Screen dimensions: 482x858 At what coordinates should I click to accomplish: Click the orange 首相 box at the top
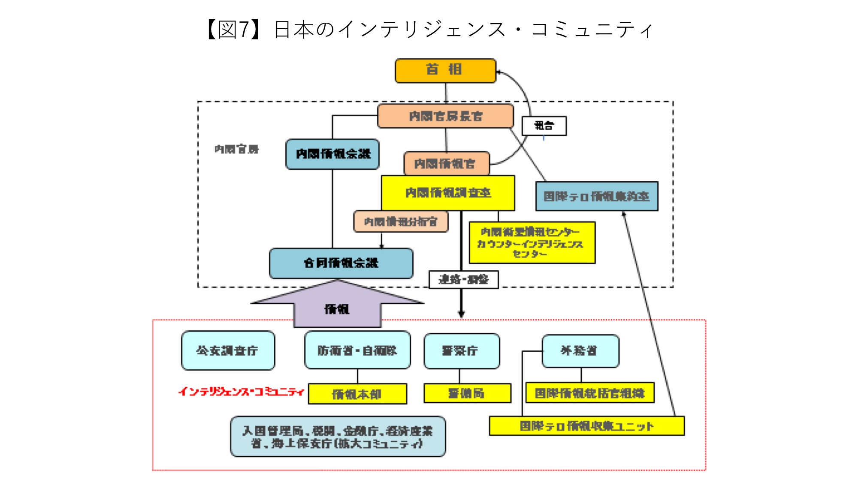coord(445,70)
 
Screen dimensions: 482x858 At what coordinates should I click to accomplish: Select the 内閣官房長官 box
coord(445,116)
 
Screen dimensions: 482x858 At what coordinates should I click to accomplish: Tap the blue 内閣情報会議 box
coord(332,154)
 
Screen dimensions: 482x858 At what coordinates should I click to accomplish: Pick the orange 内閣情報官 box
coord(446,164)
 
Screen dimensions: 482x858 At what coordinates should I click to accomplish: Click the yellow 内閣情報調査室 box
coord(448,193)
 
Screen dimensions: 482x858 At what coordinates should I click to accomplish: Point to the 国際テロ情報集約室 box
coord(596,196)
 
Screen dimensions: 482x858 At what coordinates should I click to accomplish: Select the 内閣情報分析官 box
coord(401,222)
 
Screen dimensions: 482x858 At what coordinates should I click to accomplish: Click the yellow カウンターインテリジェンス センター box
coord(532,243)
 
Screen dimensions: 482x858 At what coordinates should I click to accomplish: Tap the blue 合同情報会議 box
coord(341,263)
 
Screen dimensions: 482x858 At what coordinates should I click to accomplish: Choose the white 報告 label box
coord(544,126)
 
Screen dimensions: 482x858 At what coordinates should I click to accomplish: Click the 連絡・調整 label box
coord(464,280)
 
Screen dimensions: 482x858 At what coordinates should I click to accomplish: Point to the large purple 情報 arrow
coord(337,306)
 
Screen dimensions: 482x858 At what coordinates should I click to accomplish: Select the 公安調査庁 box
coord(228,350)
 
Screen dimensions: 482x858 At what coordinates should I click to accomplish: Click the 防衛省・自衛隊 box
coord(357,350)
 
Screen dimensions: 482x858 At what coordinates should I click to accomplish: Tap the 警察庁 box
coord(461,351)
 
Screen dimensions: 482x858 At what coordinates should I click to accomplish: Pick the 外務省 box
coord(580,351)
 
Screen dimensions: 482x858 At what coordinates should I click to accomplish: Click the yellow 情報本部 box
coord(357,394)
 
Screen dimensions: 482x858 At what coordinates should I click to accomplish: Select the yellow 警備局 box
coord(467,393)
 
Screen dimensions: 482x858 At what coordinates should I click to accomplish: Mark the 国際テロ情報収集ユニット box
coord(586,426)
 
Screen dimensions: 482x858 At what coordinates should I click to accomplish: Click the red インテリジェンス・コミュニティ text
coord(242,392)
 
